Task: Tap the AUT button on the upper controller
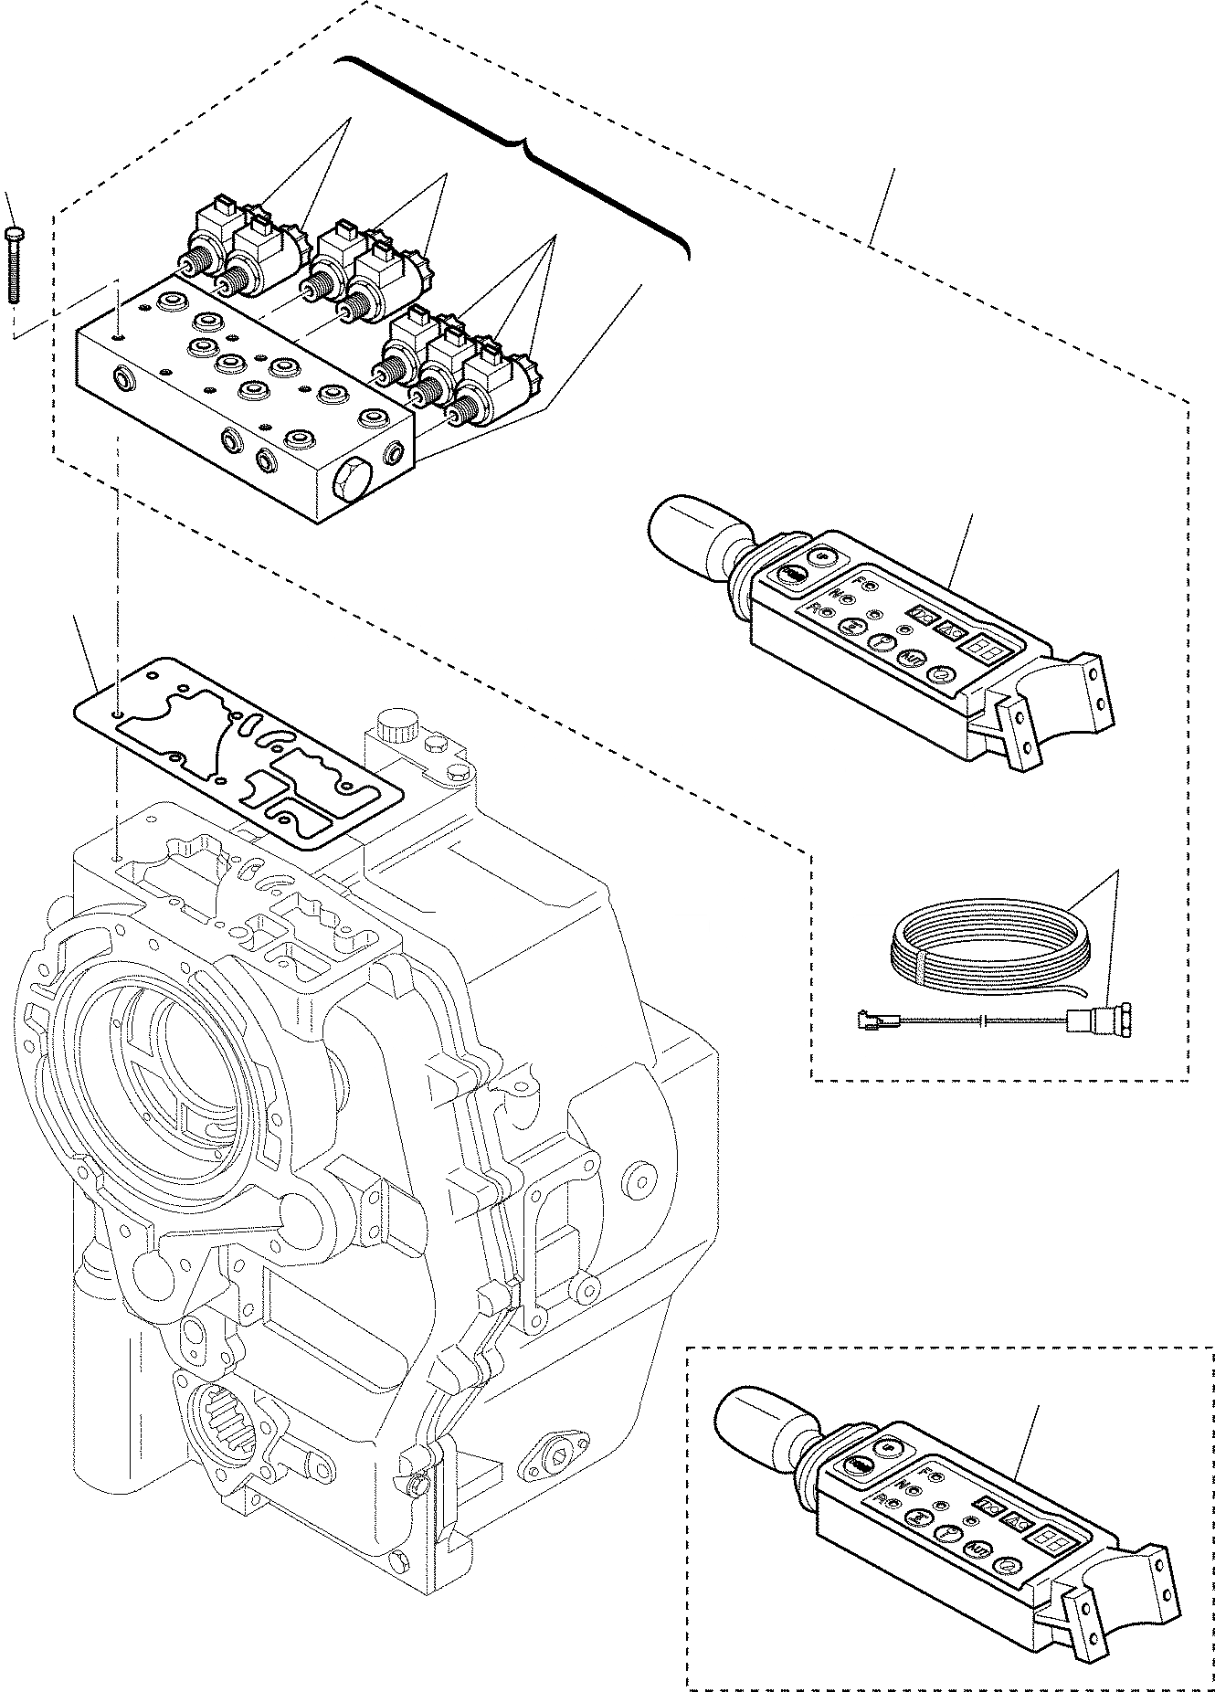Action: (x=909, y=657)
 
